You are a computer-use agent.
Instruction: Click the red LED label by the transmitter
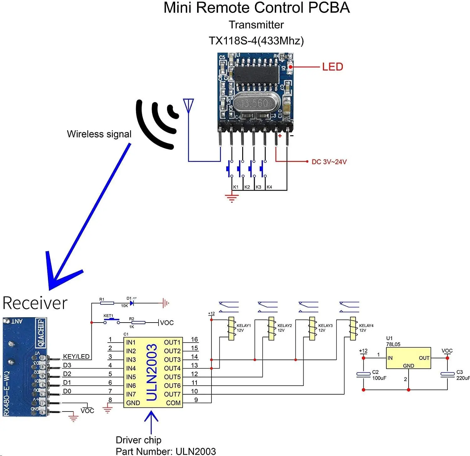332,67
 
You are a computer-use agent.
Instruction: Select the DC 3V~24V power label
329,162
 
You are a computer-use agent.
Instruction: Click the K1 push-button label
236,187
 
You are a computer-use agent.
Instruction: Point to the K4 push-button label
269,187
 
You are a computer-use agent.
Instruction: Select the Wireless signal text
99,134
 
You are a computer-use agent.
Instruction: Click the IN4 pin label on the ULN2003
131,368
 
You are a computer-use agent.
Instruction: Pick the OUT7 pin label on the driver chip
172,394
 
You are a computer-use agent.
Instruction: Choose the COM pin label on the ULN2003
173,403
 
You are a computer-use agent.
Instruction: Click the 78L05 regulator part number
393,344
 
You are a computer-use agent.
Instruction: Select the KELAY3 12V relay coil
312,328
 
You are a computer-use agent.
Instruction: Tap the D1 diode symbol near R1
132,303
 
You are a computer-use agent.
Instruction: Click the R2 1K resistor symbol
138,323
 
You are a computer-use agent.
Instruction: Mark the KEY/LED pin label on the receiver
76,356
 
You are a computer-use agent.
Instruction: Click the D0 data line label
67,391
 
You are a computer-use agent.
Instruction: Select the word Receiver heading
35,303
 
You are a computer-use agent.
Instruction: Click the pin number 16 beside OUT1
194,339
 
